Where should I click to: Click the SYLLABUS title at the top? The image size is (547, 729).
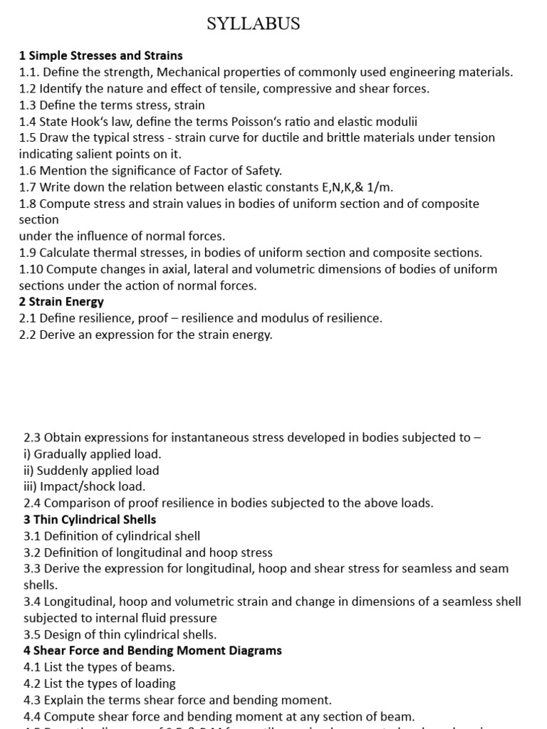253,24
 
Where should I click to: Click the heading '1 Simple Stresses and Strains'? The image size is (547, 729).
100,56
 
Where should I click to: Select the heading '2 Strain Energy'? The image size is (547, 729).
61,302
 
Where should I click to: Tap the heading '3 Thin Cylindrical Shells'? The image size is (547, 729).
90,519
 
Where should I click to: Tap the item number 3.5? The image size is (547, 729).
33,634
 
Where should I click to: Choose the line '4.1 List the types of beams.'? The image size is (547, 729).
99,667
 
